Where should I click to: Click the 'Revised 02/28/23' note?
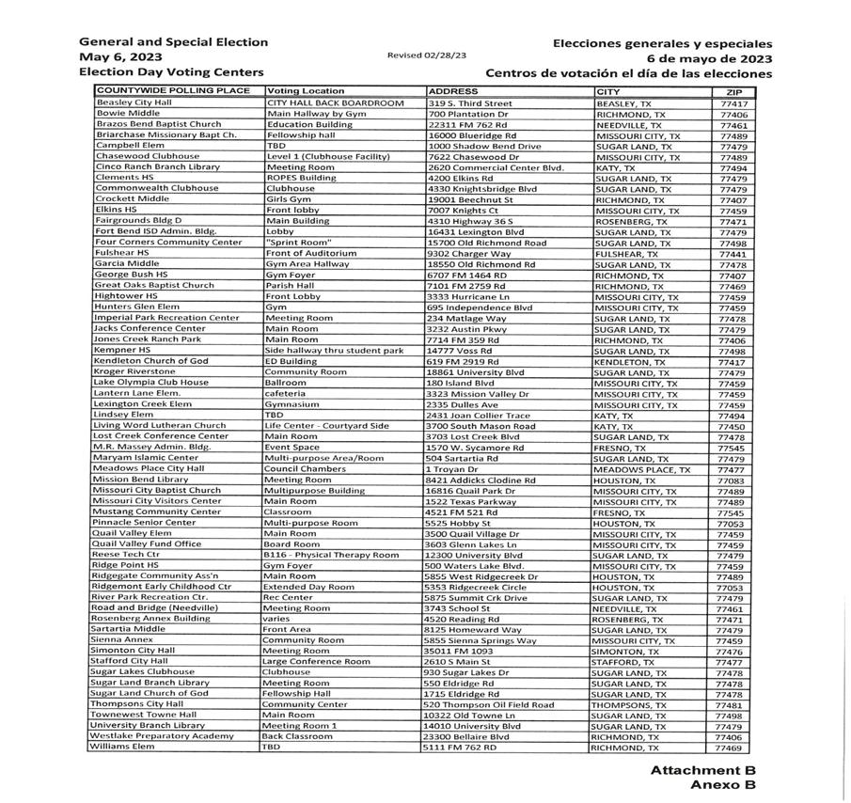click(426, 55)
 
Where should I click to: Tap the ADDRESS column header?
click(453, 91)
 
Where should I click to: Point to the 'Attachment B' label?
click(703, 770)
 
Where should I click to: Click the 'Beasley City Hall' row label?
click(134, 102)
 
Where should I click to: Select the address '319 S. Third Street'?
click(470, 102)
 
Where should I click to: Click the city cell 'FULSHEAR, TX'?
click(627, 253)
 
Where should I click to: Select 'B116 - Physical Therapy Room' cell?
click(331, 555)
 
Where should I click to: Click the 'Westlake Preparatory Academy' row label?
click(161, 736)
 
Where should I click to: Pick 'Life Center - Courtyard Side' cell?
click(326, 426)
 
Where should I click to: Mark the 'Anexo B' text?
click(723, 785)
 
